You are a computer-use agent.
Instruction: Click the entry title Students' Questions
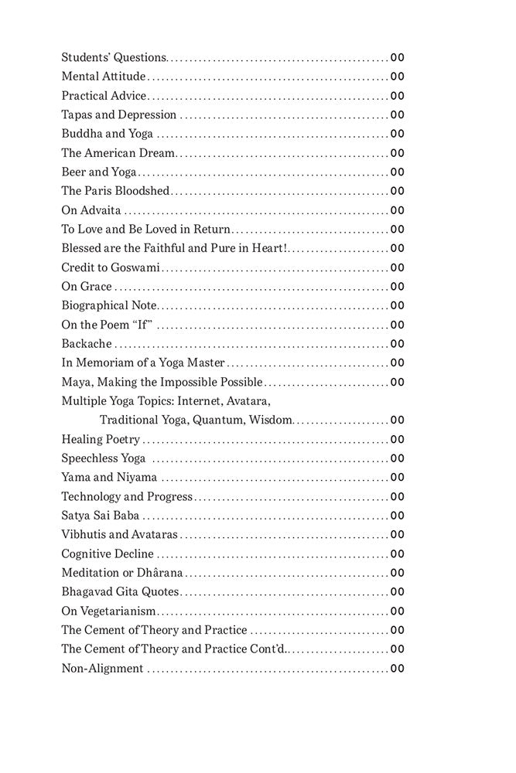click(x=114, y=57)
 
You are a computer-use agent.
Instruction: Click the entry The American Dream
click(x=118, y=153)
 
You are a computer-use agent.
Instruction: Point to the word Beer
click(x=74, y=172)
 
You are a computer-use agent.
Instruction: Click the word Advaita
click(x=99, y=209)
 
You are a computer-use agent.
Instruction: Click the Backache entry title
click(x=87, y=343)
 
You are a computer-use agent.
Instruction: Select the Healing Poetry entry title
click(x=101, y=439)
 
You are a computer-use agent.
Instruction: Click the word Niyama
click(x=139, y=477)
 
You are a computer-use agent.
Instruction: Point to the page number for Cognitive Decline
click(x=398, y=553)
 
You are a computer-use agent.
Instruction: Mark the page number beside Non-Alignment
click(x=398, y=668)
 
